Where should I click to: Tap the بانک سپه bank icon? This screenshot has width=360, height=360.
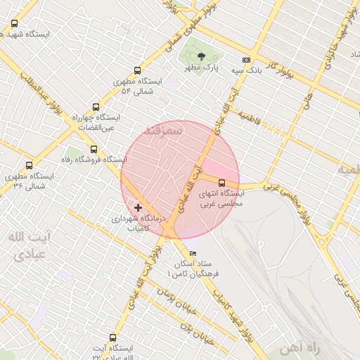coord(245,60)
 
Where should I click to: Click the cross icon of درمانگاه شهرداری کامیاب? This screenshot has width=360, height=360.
coord(138,207)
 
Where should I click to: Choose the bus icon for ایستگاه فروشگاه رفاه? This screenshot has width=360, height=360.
coord(94,149)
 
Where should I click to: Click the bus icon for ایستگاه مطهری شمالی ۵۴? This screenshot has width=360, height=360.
coord(136,70)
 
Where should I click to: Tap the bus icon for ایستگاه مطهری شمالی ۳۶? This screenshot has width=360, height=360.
coord(29,165)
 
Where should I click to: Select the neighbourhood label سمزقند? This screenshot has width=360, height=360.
coord(162,131)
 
